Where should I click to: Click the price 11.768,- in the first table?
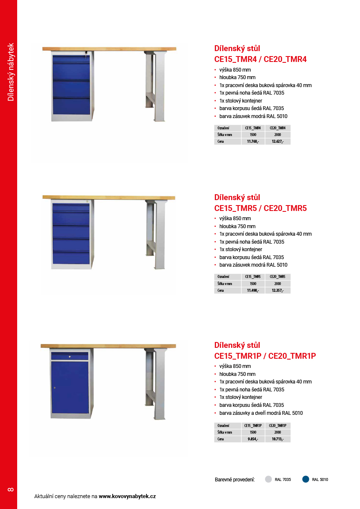pyautogui.click(x=253, y=141)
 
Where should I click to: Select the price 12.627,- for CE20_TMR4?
pyautogui.click(x=278, y=141)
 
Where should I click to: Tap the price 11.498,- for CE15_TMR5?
pyautogui.click(x=253, y=290)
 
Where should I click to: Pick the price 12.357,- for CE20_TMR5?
pyautogui.click(x=278, y=290)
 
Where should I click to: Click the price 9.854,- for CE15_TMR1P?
pyautogui.click(x=253, y=439)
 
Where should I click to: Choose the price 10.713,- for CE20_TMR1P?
pyautogui.click(x=278, y=439)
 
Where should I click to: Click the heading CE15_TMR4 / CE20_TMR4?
pyautogui.click(x=260, y=59)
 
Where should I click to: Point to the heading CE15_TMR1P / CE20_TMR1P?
pyautogui.click(x=265, y=356)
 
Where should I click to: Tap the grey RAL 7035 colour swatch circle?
pyautogui.click(x=269, y=479)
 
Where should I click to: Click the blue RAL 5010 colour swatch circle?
pyautogui.click(x=306, y=479)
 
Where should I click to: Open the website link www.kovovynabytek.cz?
pyautogui.click(x=127, y=496)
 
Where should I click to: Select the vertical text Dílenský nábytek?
pyautogui.click(x=11, y=72)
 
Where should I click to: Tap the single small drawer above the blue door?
pyautogui.click(x=70, y=356)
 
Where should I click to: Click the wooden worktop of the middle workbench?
pyautogui.click(x=109, y=197)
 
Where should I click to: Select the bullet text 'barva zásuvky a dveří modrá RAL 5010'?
pyautogui.click(x=261, y=413)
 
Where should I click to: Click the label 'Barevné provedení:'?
pyautogui.click(x=235, y=480)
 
